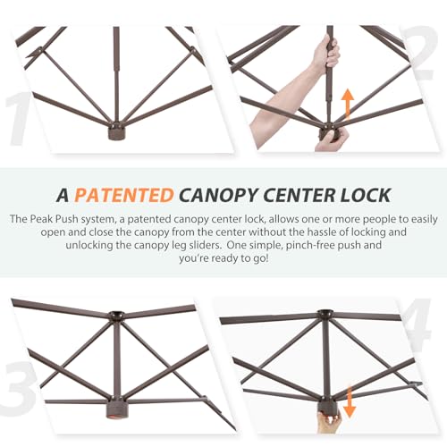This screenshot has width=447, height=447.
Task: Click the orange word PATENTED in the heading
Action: coord(124,196)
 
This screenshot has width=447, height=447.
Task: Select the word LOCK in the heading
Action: coord(366,196)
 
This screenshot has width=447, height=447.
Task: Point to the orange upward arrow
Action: coord(348,105)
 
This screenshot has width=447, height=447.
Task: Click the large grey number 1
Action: coord(19,119)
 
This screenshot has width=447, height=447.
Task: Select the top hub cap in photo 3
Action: coord(116,316)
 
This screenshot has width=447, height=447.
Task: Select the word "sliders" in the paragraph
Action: coord(205,245)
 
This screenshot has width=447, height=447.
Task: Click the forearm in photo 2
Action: coord(286,101)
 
